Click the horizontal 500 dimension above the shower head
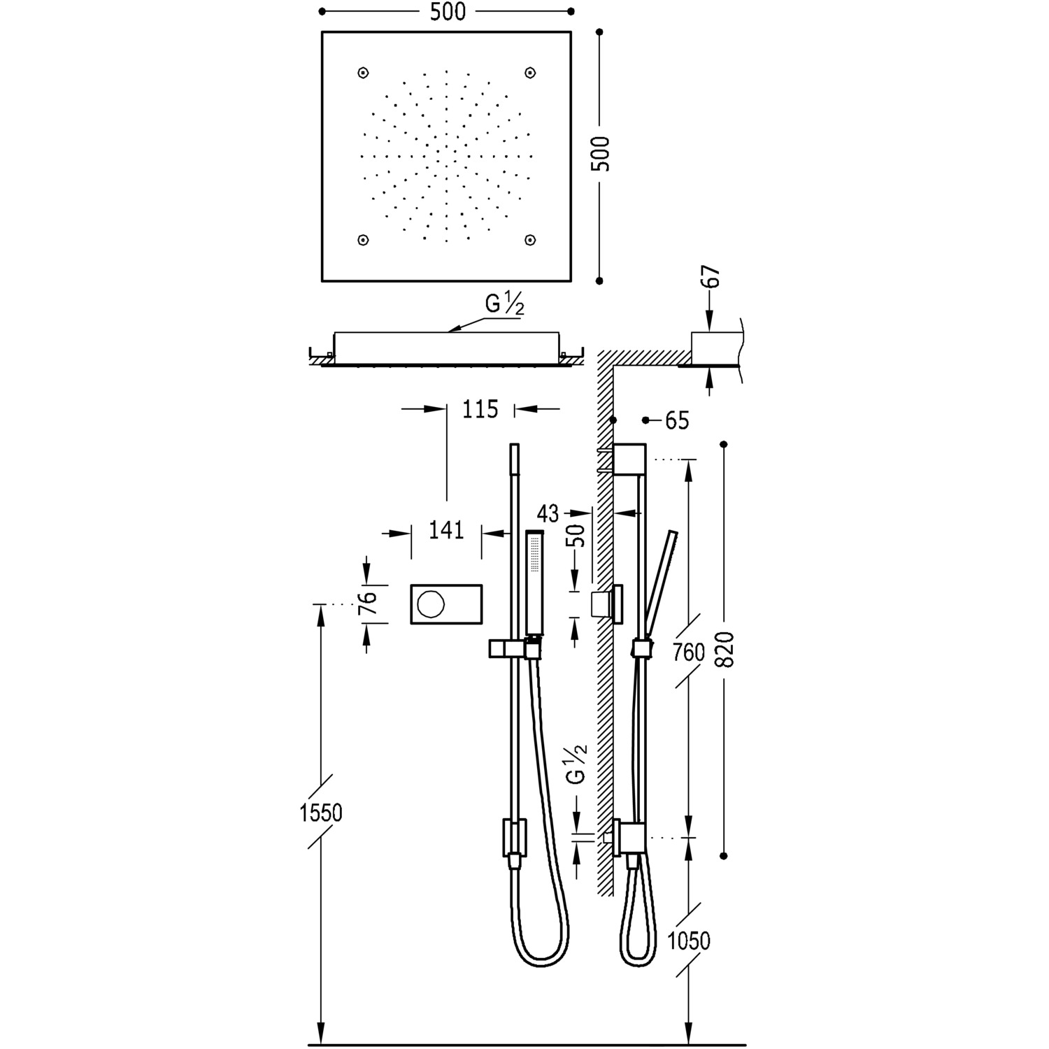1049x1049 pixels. coord(448,12)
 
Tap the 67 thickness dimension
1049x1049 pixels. coord(711,277)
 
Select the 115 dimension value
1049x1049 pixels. coord(480,409)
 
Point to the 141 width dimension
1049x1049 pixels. coord(446,531)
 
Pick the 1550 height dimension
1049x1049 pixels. coord(321,813)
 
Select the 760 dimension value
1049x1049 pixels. coord(688,652)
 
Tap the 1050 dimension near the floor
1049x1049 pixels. coord(688,941)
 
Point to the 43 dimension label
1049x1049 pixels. coord(548,514)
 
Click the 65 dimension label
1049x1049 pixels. coord(676,420)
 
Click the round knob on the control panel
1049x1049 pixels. coord(429,603)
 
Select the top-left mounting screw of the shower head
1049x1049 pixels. coord(363,73)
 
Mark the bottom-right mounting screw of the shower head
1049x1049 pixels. coord(530,240)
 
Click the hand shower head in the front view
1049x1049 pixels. coord(535,584)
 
